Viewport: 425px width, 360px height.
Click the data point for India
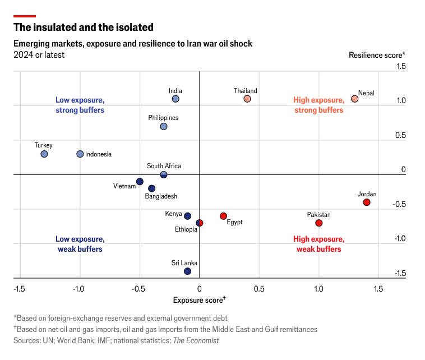click(x=175, y=99)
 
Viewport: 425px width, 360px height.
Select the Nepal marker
click(x=354, y=99)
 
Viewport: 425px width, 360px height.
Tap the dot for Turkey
click(x=44, y=154)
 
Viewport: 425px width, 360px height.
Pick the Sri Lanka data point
click(x=187, y=271)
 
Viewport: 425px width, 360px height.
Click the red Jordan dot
click(x=367, y=202)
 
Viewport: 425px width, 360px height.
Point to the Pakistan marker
click(x=319, y=223)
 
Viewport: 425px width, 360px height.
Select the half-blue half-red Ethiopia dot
click(x=200, y=223)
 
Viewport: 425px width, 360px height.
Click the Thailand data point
click(x=247, y=99)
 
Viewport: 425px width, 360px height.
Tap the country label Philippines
click(x=163, y=118)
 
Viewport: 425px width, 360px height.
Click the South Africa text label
click(x=164, y=166)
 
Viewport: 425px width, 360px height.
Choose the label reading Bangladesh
click(x=161, y=196)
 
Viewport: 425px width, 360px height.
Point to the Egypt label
click(x=234, y=223)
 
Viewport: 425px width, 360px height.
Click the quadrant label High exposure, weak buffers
click(x=319, y=244)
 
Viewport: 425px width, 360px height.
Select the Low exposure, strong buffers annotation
click(x=80, y=105)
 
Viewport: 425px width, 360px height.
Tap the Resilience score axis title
click(x=377, y=55)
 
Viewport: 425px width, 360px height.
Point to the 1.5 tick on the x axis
click(x=378, y=289)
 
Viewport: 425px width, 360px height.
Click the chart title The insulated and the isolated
click(x=84, y=27)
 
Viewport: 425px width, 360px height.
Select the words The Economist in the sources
click(x=196, y=340)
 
